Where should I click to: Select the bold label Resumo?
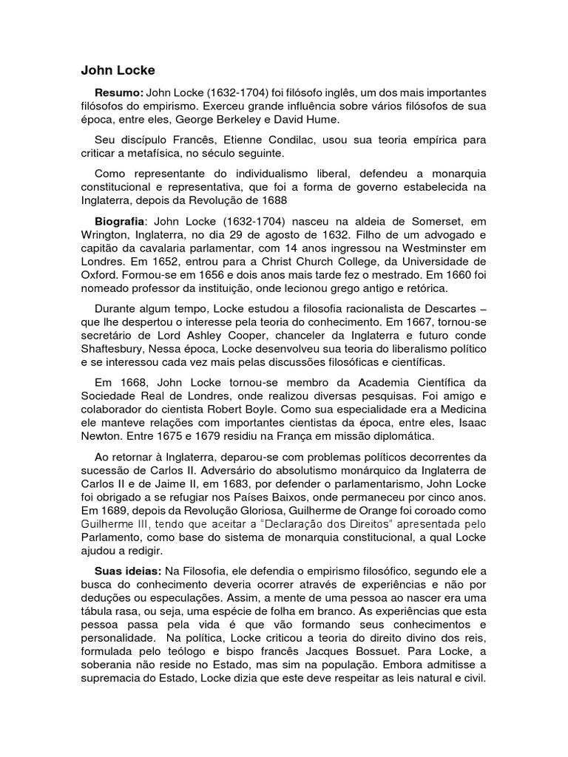pyautogui.click(x=119, y=93)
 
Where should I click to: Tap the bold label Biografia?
pyautogui.click(x=121, y=221)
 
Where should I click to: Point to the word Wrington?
pyautogui.click(x=105, y=234)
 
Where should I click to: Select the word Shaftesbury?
pyautogui.click(x=118, y=348)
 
